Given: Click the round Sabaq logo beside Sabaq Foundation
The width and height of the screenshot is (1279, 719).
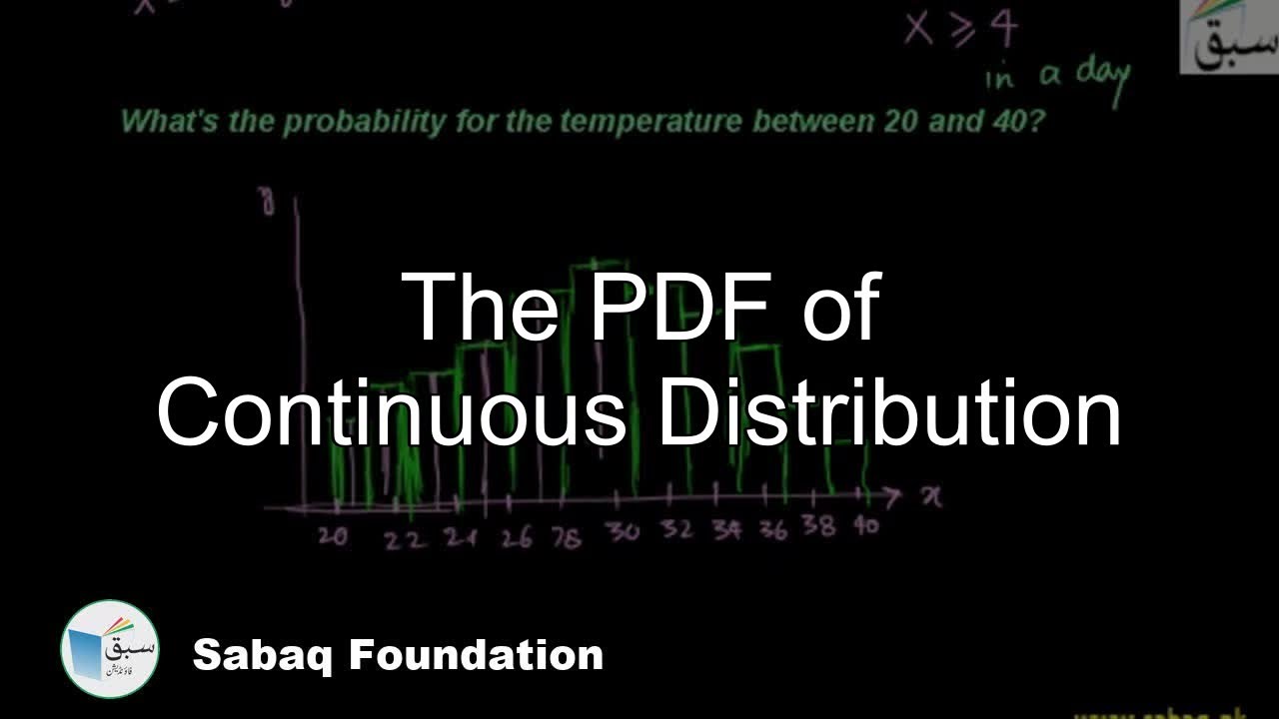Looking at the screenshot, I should click(x=110, y=649).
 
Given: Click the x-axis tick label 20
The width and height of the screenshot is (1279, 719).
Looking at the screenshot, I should click(x=334, y=537).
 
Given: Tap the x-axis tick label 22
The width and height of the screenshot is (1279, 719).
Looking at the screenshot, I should click(x=406, y=540).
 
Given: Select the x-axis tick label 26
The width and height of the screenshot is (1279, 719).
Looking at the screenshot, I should click(x=517, y=538).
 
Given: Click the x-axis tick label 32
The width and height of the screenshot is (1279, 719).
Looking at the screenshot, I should click(x=676, y=530).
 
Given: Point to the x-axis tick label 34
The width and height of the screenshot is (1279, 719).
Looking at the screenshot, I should click(x=726, y=530).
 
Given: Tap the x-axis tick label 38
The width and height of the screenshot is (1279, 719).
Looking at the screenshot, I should click(x=818, y=526).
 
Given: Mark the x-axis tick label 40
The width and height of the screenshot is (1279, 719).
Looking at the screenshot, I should click(x=866, y=525).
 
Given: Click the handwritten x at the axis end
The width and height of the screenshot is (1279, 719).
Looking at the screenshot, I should click(x=930, y=496).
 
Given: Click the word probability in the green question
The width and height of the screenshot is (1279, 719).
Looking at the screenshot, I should click(x=365, y=123).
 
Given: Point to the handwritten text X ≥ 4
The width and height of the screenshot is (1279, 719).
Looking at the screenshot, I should click(x=960, y=30).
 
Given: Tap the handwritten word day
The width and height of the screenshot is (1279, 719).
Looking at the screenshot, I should click(x=1103, y=76).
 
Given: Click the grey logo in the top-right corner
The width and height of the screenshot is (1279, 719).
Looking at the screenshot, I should click(x=1228, y=37).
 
